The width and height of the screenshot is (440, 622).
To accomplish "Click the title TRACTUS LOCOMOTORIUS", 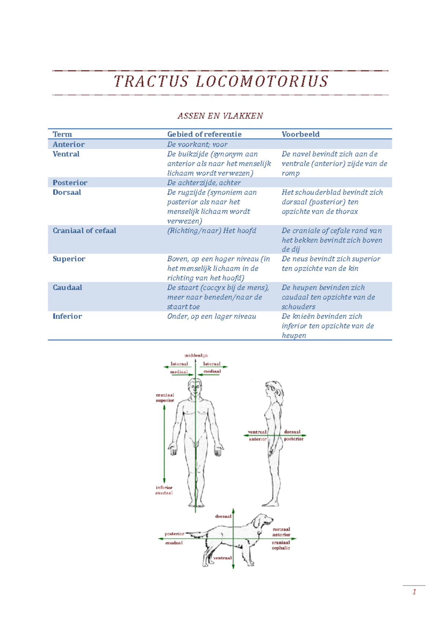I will tap(221, 81).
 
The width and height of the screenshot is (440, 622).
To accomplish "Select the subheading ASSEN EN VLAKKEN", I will tap(220, 116).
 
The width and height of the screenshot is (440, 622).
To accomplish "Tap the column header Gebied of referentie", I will tap(204, 134).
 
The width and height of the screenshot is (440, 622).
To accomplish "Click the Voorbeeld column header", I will tap(300, 134).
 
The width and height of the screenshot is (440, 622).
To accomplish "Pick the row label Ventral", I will tap(66, 154).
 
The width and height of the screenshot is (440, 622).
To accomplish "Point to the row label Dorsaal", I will tap(67, 192).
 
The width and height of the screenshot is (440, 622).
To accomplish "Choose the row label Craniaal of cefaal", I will tap(84, 231).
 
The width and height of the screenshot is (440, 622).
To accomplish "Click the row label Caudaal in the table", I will tap(67, 288).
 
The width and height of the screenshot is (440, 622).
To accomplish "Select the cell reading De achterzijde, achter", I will tap(204, 183).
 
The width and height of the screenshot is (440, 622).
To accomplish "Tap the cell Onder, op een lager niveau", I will tap(212, 316).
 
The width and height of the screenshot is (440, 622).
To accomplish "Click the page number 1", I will tap(414, 592).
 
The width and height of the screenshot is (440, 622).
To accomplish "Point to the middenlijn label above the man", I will tap(196, 355).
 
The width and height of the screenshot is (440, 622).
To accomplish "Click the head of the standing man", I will tap(195, 386).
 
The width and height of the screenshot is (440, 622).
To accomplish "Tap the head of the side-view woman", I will tap(273, 389).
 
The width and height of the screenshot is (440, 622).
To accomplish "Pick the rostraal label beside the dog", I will tap(281, 529).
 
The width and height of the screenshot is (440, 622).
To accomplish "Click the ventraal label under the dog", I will tap(222, 558).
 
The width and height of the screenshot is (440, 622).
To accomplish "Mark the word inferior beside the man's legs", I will tap(164, 488).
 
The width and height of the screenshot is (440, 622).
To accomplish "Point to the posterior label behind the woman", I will tap(294, 439).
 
